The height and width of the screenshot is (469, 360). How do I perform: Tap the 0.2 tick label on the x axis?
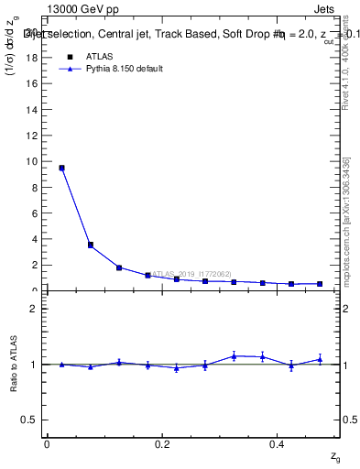(162, 443)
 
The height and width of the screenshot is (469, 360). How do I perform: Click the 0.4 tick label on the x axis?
(277, 443)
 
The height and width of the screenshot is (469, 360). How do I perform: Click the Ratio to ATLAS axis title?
(15, 364)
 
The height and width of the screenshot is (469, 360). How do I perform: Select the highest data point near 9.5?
(61, 168)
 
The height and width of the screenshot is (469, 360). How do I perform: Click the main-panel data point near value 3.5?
(90, 245)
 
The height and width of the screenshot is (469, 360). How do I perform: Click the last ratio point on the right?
(320, 359)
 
